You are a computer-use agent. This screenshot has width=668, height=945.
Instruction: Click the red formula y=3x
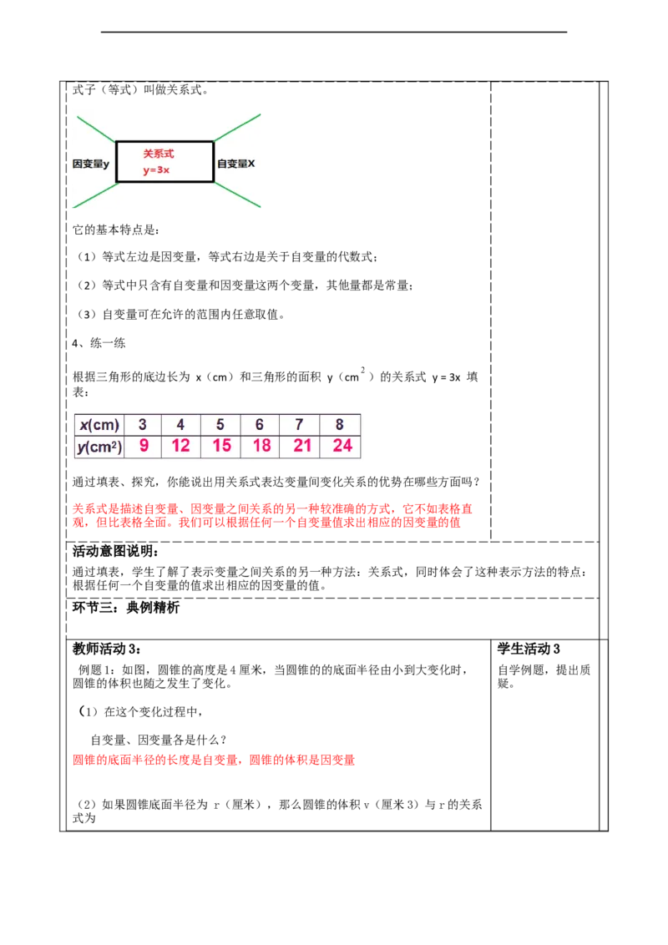pos(156,170)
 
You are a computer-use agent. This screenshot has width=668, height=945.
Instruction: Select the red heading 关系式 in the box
pos(158,154)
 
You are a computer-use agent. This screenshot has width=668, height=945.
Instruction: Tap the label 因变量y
pos(91,164)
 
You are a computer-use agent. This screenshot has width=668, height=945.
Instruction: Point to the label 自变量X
pos(236,164)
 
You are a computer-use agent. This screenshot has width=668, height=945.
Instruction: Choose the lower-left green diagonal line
pos(95,195)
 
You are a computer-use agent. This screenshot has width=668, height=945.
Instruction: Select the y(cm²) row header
pos(99,447)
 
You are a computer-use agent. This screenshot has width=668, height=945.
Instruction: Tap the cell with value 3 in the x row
pos(143,425)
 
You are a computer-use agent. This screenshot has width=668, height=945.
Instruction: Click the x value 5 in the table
pos(220,425)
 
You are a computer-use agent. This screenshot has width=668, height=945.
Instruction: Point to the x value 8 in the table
pos(340,425)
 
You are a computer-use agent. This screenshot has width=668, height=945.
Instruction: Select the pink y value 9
pos(144,446)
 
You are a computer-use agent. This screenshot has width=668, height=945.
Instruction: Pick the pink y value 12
pos(180,446)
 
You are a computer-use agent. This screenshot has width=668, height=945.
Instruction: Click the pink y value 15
pos(221,446)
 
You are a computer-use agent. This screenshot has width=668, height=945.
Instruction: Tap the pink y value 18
pos(261,446)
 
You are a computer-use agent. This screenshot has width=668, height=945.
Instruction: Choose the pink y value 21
pos(302,446)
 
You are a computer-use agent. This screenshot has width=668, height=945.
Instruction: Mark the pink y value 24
pos(342,446)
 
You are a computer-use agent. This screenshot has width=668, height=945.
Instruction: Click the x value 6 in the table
pos(260,425)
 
